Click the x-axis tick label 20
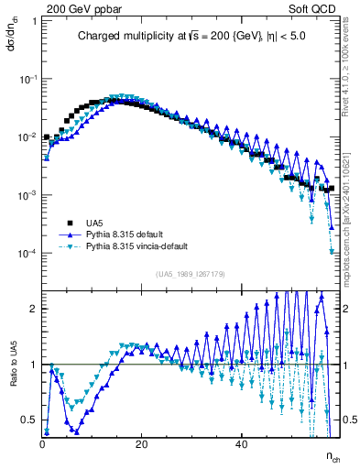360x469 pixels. (141, 444)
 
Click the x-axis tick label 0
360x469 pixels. (42, 444)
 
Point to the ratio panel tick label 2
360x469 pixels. (34, 309)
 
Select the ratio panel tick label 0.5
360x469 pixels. (30, 420)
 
